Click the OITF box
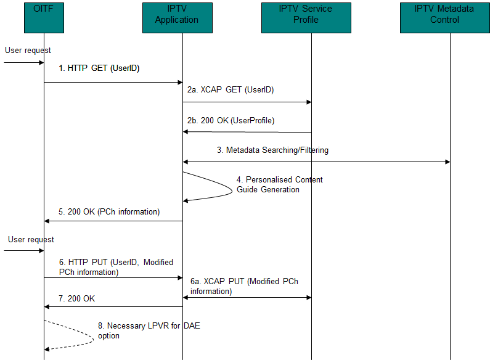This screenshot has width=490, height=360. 44,17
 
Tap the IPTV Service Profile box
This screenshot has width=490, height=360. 305,17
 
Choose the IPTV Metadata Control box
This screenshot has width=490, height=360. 445,17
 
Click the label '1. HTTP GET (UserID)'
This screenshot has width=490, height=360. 99,68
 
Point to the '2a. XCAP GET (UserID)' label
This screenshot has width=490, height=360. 231,89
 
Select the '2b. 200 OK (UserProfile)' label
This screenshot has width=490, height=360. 231,121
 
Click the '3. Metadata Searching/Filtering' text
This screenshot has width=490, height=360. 272,150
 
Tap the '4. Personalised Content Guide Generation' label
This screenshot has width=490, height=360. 279,184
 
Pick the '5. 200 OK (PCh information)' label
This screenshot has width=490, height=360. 109,212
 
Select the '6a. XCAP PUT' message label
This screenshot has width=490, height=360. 244,286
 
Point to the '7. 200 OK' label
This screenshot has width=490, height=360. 77,298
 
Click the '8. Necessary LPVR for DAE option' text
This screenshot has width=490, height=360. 149,330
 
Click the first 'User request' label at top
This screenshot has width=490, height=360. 28,50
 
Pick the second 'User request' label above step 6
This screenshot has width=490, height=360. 31,239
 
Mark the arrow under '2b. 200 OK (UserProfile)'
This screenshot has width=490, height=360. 247,131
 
